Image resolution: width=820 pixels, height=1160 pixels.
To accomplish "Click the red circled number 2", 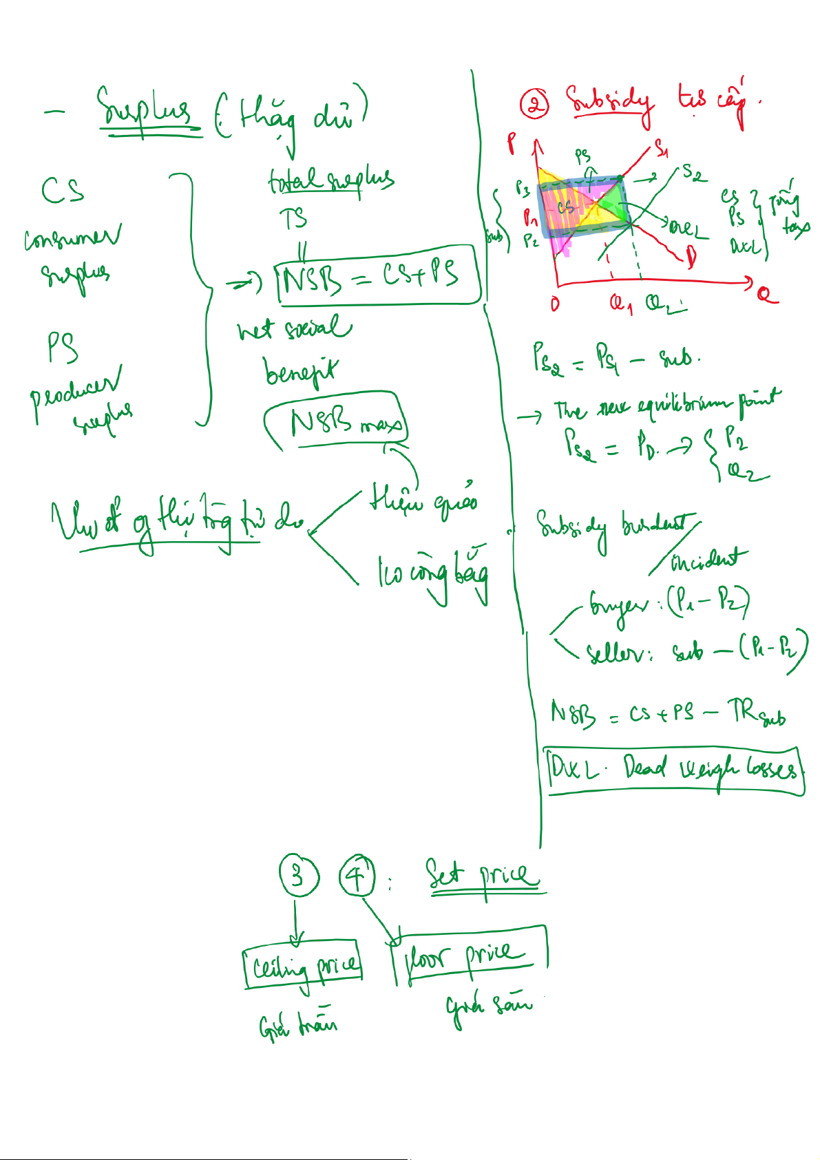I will [x=534, y=105].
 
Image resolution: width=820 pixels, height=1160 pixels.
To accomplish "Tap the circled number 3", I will [x=299, y=876].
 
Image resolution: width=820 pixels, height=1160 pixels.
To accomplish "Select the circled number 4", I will [x=357, y=876].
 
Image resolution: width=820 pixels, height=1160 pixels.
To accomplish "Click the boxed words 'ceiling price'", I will [x=303, y=966].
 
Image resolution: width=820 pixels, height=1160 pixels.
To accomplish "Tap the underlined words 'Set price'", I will [x=482, y=876].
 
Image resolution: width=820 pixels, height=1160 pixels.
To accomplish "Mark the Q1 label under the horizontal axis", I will [x=621, y=303].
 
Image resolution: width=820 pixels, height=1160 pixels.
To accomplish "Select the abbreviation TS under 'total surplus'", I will [x=293, y=219].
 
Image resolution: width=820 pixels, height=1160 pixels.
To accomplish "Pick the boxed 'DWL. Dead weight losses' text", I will [x=675, y=770].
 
